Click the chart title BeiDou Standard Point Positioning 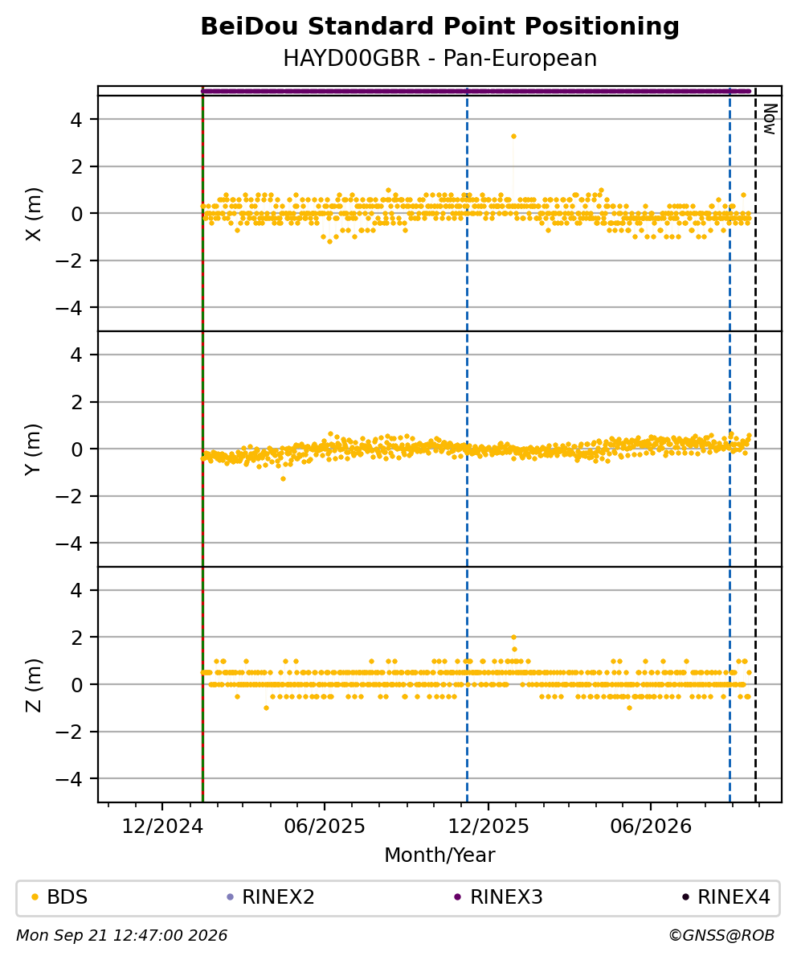pos(439,27)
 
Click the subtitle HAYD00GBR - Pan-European pos(439,59)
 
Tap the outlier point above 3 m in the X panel pos(514,137)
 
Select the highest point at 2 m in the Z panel pos(514,638)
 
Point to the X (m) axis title pos(35,215)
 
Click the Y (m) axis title pos(35,449)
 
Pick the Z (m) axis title pos(35,685)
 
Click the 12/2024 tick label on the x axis pos(162,827)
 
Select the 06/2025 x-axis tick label pos(324,827)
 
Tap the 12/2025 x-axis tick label pos(488,827)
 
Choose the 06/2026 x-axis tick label pos(650,827)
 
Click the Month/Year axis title pos(439,855)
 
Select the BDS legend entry pos(60,897)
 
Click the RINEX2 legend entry pos(271,897)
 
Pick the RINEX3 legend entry pos(498,897)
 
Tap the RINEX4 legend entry pos(726,897)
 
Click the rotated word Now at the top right pos(770,119)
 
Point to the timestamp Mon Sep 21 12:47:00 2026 pos(122,936)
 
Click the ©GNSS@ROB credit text pos(721,936)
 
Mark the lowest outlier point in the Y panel pos(283,478)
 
